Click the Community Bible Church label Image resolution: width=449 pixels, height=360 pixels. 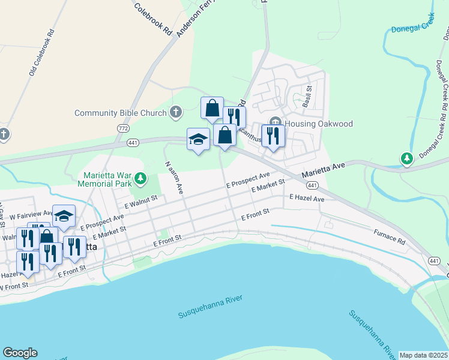[x=120, y=113]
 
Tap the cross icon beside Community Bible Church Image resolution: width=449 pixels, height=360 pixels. [x=175, y=112]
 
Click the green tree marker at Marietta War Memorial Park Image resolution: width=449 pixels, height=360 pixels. [x=140, y=178]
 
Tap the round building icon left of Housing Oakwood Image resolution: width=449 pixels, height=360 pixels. [x=276, y=123]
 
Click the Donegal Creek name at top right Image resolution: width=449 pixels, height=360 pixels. [x=412, y=29]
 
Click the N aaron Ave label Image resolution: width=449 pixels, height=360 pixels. [x=173, y=178]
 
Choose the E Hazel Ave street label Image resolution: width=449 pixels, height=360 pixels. [x=307, y=198]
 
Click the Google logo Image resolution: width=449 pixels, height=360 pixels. [x=20, y=353]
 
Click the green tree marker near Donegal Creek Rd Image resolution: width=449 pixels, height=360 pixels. [x=407, y=158]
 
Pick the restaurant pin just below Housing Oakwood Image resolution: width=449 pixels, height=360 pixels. [x=273, y=136]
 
